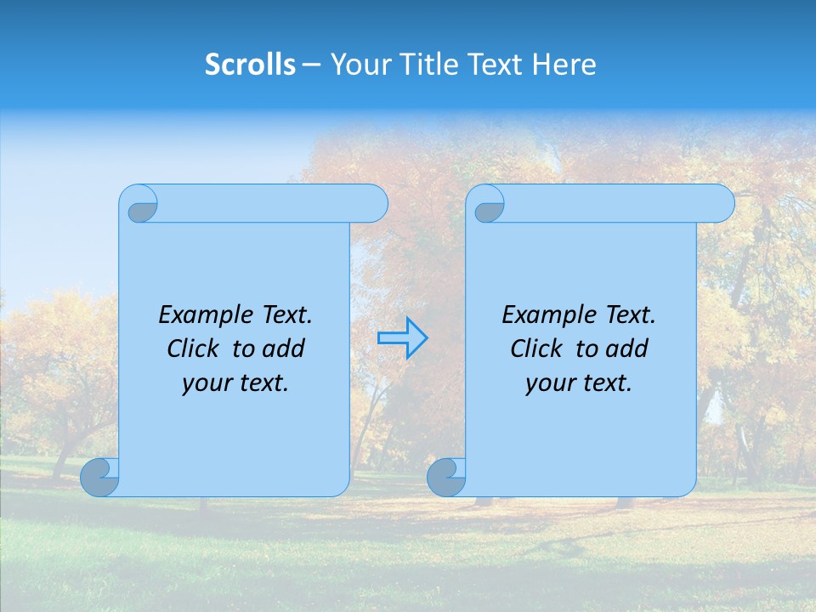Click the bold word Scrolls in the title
click(x=250, y=65)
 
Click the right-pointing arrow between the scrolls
click(x=402, y=337)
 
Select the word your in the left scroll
click(x=206, y=383)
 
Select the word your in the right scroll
click(x=549, y=383)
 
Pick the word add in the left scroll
click(x=285, y=348)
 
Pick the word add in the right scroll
click(x=628, y=348)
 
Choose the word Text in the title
click(x=496, y=65)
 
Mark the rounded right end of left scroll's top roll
click(x=375, y=203)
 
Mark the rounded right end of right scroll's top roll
click(x=722, y=203)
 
